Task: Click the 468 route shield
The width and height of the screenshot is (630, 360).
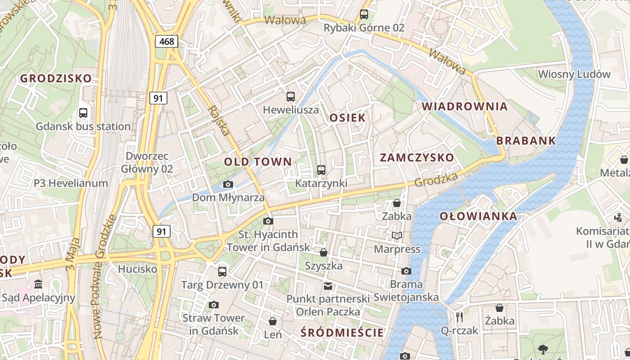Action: (166, 41)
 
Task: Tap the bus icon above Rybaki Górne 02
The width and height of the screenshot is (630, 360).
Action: (364, 14)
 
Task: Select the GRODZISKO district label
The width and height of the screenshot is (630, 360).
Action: (56, 78)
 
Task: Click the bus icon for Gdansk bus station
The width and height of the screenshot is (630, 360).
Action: (83, 113)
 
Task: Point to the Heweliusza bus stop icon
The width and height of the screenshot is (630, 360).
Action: (291, 96)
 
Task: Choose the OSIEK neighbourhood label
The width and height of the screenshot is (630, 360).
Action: (347, 118)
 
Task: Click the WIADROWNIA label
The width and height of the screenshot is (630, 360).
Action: (464, 107)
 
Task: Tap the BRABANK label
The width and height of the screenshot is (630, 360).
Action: (526, 141)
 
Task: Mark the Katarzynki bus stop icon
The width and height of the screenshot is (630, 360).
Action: (321, 170)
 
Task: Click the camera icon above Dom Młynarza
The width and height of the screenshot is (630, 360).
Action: (228, 184)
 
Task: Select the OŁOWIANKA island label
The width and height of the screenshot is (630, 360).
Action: (478, 216)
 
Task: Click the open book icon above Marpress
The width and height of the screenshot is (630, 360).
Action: (397, 235)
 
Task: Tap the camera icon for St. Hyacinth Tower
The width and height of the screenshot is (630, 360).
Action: (268, 221)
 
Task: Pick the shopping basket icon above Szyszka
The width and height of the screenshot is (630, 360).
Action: (324, 252)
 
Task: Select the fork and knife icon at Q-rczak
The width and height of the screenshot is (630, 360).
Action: (459, 317)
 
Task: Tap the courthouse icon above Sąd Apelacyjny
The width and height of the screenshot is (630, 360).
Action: (38, 284)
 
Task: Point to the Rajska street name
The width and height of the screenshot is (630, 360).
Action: (220, 121)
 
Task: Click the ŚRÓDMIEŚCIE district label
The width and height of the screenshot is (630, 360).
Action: (342, 333)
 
